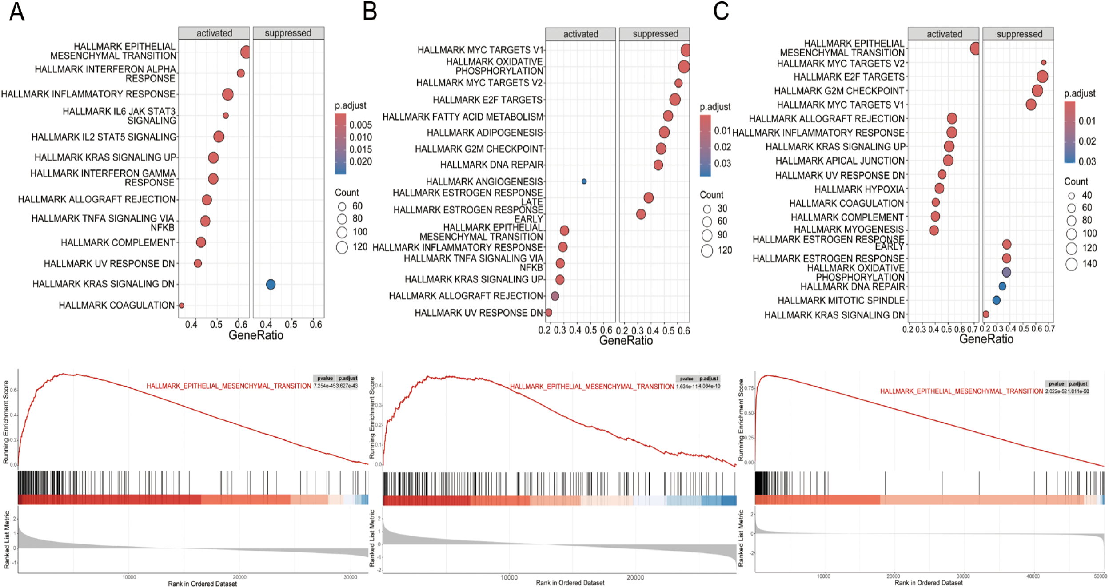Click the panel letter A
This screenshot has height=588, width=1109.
point(16,12)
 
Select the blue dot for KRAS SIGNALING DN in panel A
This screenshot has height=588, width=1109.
point(271,284)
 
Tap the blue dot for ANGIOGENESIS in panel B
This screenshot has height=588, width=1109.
point(584,181)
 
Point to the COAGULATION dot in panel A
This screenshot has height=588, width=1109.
point(181,306)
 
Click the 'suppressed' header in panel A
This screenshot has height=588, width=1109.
point(288,33)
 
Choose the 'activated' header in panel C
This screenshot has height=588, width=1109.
point(944,34)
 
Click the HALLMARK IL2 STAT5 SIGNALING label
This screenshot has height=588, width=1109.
point(104,137)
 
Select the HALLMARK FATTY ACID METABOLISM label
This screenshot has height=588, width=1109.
point(463,117)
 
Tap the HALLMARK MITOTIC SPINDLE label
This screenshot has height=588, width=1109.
point(841,301)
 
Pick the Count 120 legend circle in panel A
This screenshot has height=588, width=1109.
point(342,247)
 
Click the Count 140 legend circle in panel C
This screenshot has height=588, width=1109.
point(1071,264)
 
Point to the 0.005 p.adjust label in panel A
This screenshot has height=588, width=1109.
point(360,125)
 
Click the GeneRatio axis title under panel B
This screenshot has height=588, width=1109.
point(626,341)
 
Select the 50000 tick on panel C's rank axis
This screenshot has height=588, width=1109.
point(1100,576)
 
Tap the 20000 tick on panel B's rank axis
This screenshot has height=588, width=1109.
point(635,577)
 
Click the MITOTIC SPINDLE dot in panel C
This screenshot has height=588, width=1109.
point(997,300)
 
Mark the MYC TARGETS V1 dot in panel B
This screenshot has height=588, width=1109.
point(686,50)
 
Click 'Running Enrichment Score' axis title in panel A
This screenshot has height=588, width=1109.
point(6,422)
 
